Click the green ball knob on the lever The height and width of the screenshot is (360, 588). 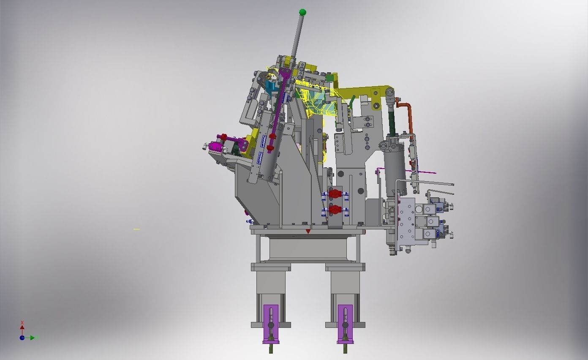point(302,12)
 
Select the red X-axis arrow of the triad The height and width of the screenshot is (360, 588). point(22,326)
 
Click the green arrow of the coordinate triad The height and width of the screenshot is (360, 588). point(36,338)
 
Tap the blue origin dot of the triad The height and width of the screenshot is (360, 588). point(22,338)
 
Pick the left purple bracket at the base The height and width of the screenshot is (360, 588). point(271,323)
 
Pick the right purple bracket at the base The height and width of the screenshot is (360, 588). point(345,323)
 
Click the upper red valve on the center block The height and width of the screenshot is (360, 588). point(335,194)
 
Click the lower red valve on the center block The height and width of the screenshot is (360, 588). point(335,209)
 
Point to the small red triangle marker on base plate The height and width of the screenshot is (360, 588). point(308,232)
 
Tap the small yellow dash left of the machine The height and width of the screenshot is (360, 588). point(136,229)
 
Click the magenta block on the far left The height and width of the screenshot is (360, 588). point(216,147)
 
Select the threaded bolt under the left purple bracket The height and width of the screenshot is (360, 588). point(271,348)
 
